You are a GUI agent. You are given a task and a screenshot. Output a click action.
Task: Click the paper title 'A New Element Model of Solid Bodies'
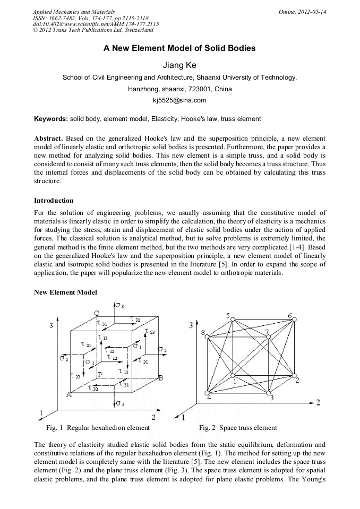pos(179,48)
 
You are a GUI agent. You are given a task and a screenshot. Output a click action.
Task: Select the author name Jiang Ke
pos(179,65)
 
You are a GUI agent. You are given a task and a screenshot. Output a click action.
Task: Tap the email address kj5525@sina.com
pos(179,100)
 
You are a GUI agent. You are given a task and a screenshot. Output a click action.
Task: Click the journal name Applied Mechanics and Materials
pos(73,12)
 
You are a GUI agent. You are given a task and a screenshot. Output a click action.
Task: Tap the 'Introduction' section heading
pos(54,201)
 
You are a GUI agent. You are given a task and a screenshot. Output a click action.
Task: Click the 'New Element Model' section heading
pos(65,292)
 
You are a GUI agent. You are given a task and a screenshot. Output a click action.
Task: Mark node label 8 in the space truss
pos(203,333)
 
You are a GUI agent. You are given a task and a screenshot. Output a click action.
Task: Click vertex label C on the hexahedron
pos(97,313)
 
